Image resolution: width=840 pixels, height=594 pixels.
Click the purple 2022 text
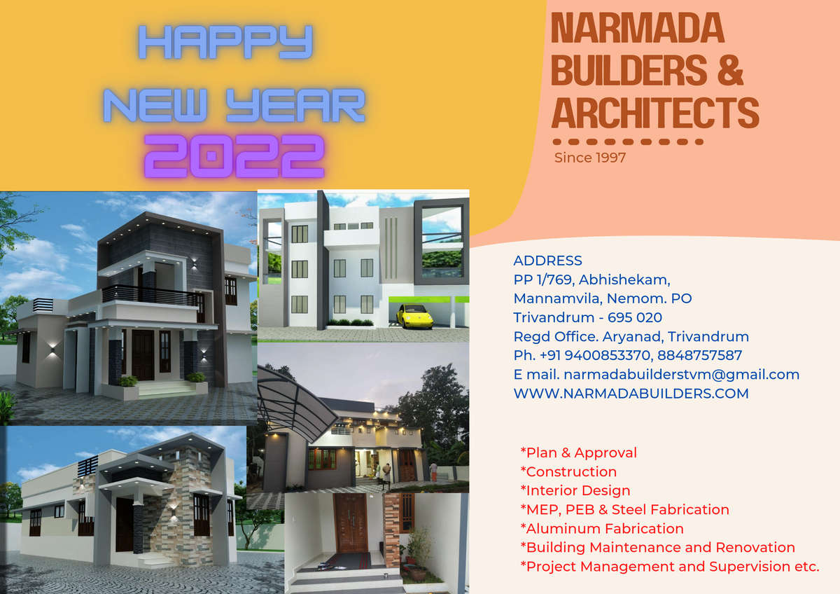coord(234,156)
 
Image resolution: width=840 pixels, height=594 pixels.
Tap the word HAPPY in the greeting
coord(225,42)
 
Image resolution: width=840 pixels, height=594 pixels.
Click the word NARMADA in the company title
coord(638,28)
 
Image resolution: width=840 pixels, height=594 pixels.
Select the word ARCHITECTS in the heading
coord(655,112)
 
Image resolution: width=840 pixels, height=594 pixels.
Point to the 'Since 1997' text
coord(590,158)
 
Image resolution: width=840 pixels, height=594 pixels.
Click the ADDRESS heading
coord(547,261)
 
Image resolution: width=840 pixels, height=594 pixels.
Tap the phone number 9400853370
coord(607,355)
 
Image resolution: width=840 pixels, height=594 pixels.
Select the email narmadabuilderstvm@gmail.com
coord(681,375)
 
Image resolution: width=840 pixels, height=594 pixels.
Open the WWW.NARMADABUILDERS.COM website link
coord(631,394)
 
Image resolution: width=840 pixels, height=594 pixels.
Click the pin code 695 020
coord(634,317)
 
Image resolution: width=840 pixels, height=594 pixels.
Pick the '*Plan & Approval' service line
coord(579,453)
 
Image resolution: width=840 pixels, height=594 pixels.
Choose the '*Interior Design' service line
coord(575,490)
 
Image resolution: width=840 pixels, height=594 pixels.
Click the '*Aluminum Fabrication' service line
coord(602,528)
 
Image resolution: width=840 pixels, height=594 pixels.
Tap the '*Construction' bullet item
coord(568,471)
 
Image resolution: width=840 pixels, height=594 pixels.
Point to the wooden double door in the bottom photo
coord(350,523)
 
